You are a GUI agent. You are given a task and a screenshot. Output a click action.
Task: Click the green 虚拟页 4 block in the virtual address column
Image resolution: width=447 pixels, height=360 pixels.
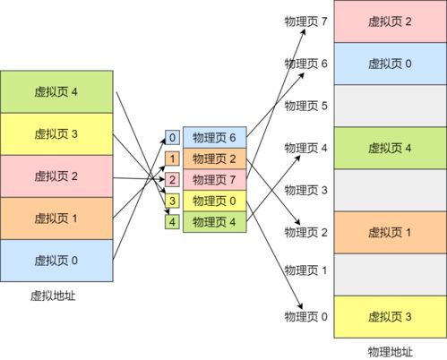tap(56, 91)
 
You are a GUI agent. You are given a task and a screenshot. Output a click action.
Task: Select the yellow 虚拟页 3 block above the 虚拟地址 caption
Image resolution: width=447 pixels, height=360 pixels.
tap(56, 134)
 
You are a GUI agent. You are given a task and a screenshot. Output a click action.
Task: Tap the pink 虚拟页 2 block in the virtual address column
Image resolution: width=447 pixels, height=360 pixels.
tap(56, 176)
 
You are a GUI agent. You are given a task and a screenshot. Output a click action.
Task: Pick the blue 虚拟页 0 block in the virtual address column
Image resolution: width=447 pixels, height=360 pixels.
tap(56, 261)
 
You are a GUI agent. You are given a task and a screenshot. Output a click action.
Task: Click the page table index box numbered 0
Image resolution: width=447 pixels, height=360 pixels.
tap(173, 138)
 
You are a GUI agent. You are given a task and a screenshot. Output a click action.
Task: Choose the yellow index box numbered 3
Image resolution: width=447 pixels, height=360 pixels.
tap(173, 201)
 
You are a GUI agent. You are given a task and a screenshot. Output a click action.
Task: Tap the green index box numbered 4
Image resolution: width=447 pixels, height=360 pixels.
tap(173, 221)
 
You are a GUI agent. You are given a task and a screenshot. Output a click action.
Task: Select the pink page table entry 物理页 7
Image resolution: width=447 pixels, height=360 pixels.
tap(213, 180)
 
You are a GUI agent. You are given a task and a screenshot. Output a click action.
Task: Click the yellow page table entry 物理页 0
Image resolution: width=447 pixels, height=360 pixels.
tap(213, 201)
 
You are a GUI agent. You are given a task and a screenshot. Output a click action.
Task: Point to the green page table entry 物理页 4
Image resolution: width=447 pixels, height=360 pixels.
tap(213, 221)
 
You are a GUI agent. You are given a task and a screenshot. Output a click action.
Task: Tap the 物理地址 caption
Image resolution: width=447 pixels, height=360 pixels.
tap(390, 350)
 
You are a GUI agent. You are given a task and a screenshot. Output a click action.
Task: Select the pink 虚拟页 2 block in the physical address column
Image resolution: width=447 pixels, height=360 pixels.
tap(390, 21)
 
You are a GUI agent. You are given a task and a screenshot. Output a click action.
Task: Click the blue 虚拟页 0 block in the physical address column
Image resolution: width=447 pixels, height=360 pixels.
tap(390, 64)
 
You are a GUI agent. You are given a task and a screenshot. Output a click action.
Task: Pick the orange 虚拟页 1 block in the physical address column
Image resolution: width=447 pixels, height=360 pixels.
tap(390, 232)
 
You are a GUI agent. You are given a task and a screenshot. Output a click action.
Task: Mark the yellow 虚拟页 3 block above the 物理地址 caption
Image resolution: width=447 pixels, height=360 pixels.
tap(390, 316)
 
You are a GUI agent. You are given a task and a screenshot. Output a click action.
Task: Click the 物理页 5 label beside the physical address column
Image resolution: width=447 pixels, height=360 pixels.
tap(306, 106)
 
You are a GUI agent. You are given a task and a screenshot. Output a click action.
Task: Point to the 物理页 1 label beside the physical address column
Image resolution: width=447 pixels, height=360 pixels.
tap(306, 270)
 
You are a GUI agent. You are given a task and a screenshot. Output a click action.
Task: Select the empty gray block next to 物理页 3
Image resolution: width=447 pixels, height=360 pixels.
tap(390, 190)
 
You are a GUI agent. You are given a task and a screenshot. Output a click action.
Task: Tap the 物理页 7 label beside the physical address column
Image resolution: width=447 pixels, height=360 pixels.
tap(306, 21)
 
